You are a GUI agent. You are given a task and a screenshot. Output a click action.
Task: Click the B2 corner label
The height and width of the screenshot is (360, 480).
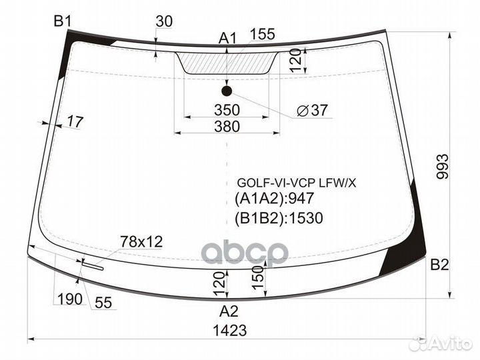(439, 265)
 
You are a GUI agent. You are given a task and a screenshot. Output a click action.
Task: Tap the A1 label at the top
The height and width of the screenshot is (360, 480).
(228, 38)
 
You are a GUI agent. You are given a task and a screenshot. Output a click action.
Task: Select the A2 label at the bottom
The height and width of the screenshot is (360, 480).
(229, 309)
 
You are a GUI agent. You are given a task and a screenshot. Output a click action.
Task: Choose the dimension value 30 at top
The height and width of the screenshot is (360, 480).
(163, 21)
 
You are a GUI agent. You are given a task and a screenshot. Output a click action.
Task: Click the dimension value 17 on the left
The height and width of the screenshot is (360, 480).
(75, 121)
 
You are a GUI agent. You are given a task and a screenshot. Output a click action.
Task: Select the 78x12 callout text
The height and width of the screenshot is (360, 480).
(141, 241)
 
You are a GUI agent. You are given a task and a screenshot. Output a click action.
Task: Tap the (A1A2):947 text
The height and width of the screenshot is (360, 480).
(274, 198)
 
